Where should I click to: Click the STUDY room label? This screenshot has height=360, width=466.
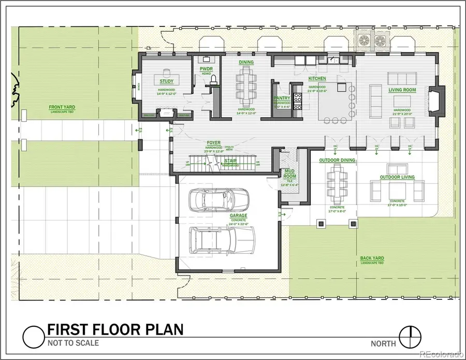pos(166,81)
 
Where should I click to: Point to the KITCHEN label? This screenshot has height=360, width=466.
pos(317,79)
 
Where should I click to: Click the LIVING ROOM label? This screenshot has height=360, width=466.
pos(402,90)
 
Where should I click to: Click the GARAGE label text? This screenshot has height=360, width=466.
pos(239,215)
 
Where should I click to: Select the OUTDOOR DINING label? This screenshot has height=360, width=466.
pos(337,161)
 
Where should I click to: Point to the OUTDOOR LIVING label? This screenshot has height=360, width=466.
pos(397,177)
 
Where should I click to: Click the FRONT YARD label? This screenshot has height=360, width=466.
pos(62,107)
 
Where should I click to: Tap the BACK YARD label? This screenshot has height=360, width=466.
pos(372,258)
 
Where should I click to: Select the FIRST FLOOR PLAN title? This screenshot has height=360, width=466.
pos(114,330)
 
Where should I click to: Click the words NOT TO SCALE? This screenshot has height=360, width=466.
pos(72,343)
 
